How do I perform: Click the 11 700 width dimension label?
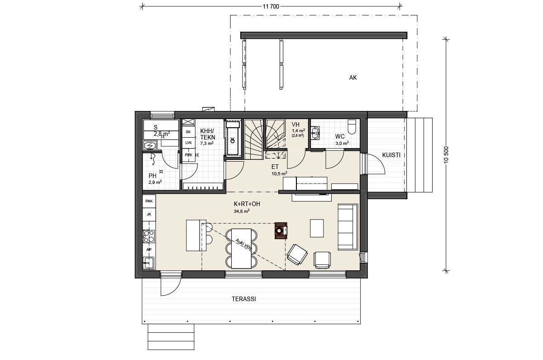point(271,6)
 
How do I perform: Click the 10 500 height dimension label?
point(447,155)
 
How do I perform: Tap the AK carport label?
point(353,77)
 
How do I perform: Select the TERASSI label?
point(243,299)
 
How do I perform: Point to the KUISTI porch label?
point(391,155)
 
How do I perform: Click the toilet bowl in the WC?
point(352,127)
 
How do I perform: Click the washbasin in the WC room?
point(315,133)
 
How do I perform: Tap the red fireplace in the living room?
point(281,230)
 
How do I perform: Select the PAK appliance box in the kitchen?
point(149,201)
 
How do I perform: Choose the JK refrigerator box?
point(149,214)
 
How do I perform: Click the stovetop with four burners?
point(149,236)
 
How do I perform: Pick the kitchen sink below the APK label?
point(149,263)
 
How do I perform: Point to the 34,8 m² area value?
point(242,211)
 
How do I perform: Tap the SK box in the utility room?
point(188,132)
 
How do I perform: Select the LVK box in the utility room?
point(188,143)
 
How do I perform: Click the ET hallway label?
point(275,167)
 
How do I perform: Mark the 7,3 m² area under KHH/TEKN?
point(207,144)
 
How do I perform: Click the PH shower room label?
point(152,176)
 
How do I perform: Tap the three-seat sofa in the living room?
point(348,227)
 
